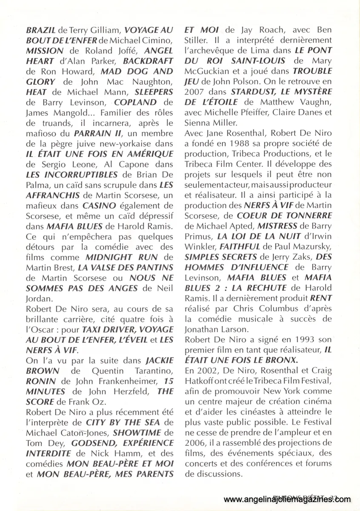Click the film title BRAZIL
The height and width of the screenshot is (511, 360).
pyautogui.click(x=41, y=31)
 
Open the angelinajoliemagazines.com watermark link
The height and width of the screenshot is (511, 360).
pyautogui.click(x=287, y=499)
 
